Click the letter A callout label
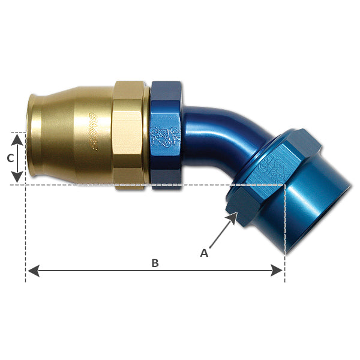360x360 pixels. point(204,253)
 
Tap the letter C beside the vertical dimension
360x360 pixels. point(9,158)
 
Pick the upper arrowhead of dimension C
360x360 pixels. point(18,139)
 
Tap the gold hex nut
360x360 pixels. point(128,135)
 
